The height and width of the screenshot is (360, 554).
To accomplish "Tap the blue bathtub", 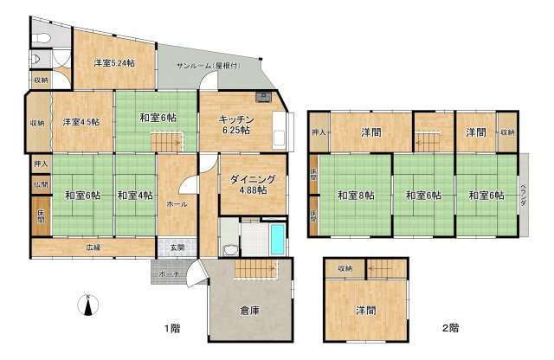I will pyautogui.click(x=276, y=239).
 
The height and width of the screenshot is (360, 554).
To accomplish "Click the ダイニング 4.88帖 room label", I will pyautogui.click(x=252, y=184).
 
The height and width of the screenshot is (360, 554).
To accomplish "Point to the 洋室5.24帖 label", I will pyautogui.click(x=114, y=62).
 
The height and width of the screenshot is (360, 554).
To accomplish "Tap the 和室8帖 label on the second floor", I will pyautogui.click(x=354, y=195).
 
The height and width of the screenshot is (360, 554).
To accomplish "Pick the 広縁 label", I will pyautogui.click(x=93, y=247).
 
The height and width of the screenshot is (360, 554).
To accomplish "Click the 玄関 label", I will pyautogui.click(x=177, y=247).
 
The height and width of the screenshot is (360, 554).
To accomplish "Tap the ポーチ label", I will pyautogui.click(x=170, y=274).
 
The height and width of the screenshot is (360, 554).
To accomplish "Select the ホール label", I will pyautogui.click(x=177, y=204).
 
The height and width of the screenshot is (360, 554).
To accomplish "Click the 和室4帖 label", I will pyautogui.click(x=132, y=194).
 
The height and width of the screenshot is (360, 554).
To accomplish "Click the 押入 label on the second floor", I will pyautogui.click(x=319, y=133).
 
